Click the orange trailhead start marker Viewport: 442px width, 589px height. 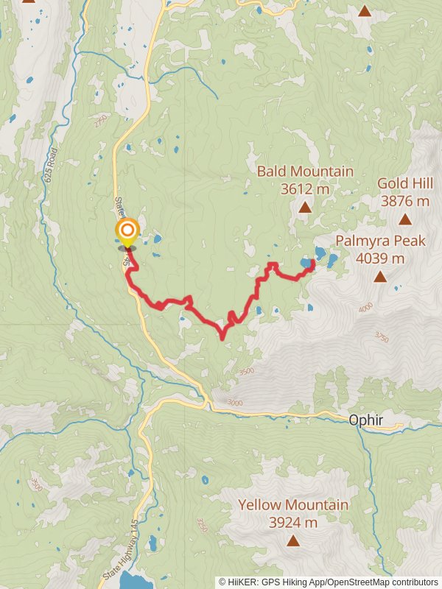(127, 232)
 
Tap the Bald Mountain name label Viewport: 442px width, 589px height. (305, 172)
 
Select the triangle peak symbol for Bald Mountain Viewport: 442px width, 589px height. (305, 208)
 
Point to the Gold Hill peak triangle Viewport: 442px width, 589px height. (404, 219)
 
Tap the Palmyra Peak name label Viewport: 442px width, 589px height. (380, 241)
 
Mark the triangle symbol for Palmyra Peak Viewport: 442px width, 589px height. (380, 277)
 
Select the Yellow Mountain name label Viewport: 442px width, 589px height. (293, 505)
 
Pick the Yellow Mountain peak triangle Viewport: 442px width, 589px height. (293, 541)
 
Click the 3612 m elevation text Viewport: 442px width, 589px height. (305, 189)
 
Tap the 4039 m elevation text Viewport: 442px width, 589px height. (380, 258)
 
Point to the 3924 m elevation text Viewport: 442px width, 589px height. (293, 523)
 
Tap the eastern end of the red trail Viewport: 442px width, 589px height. (313, 262)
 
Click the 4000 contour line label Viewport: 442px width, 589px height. (366, 308)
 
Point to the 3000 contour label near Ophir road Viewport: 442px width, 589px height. (234, 403)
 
